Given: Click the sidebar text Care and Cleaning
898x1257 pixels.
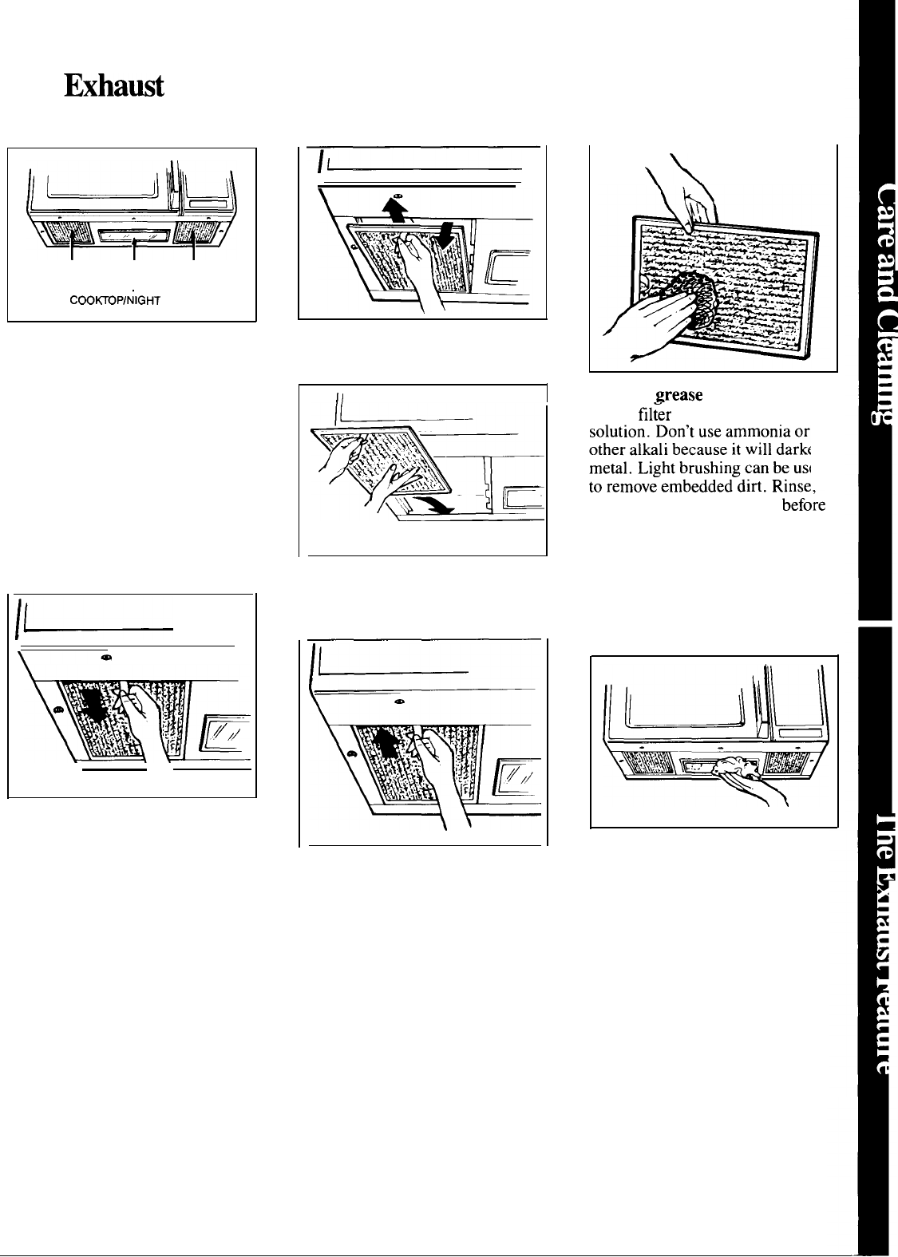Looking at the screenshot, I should pyautogui.click(x=875, y=303).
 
